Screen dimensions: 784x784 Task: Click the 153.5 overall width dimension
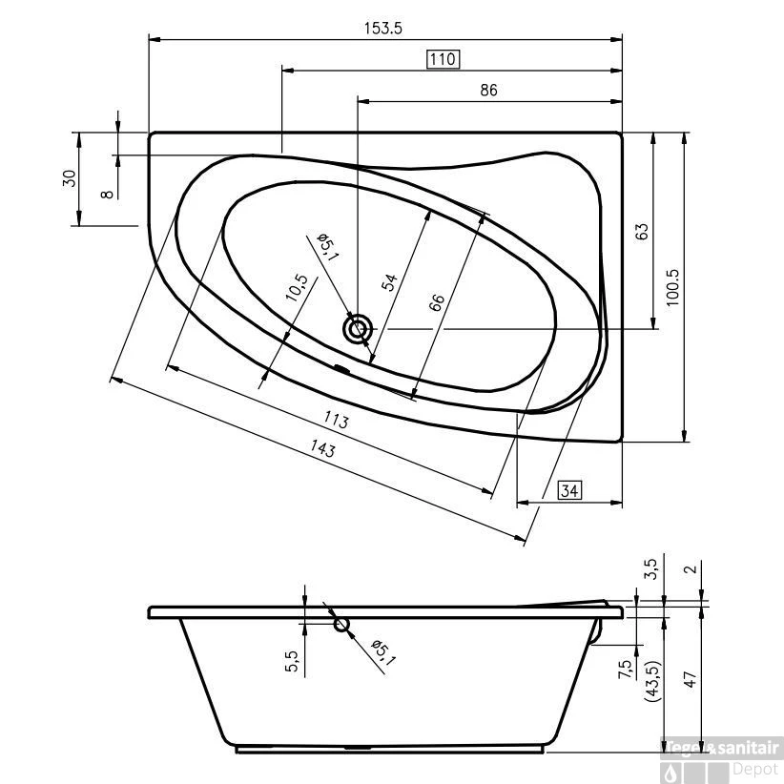382,28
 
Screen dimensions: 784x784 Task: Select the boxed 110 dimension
443,59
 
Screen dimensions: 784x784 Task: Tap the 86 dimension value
488,91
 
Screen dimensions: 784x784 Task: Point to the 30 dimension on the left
70,179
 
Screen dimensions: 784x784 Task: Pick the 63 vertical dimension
642,231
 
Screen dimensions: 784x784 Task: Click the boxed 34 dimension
568,491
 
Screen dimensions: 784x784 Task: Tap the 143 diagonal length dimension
321,449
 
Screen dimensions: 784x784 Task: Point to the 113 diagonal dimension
335,419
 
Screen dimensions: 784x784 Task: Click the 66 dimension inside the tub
435,303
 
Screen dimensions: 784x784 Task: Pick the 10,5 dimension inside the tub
297,287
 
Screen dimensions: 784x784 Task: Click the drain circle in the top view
359,330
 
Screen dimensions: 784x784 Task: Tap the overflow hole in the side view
341,625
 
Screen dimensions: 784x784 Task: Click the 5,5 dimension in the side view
293,661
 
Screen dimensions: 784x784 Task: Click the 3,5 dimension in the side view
651,570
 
